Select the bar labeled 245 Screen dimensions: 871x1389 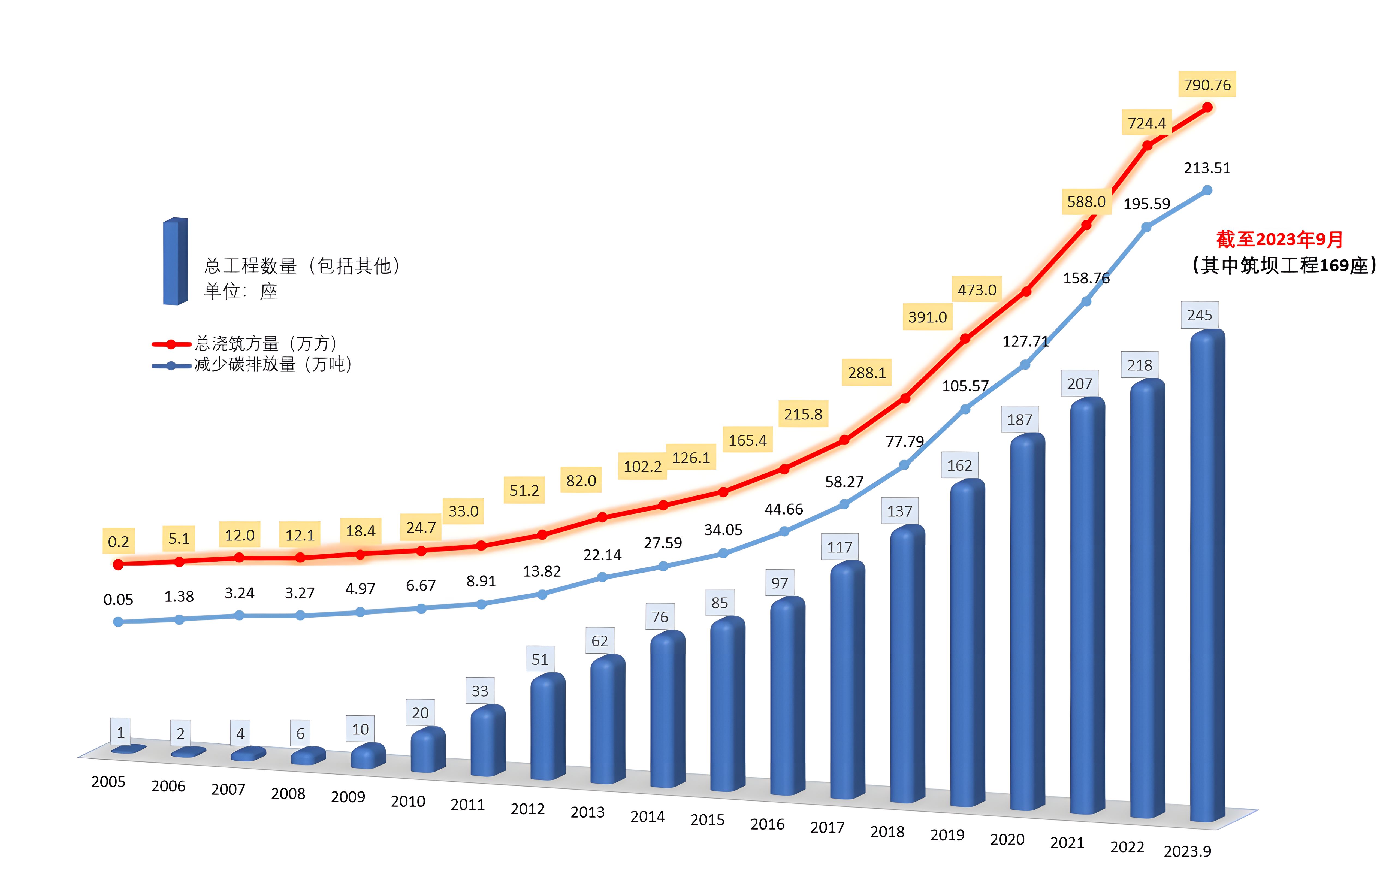[x=1207, y=576]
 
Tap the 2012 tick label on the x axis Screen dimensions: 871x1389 [x=527, y=809]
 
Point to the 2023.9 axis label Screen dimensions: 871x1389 [x=1187, y=851]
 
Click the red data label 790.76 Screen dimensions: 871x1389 [x=1207, y=85]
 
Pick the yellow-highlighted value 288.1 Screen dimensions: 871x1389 [x=866, y=373]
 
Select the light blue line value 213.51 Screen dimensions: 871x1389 [x=1207, y=168]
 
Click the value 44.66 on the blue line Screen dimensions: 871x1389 [x=784, y=509]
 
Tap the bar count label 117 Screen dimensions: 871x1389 [x=840, y=547]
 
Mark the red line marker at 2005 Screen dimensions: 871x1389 [x=118, y=564]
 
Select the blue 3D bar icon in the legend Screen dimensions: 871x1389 [x=175, y=262]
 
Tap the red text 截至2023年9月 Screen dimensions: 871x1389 [x=1279, y=239]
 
